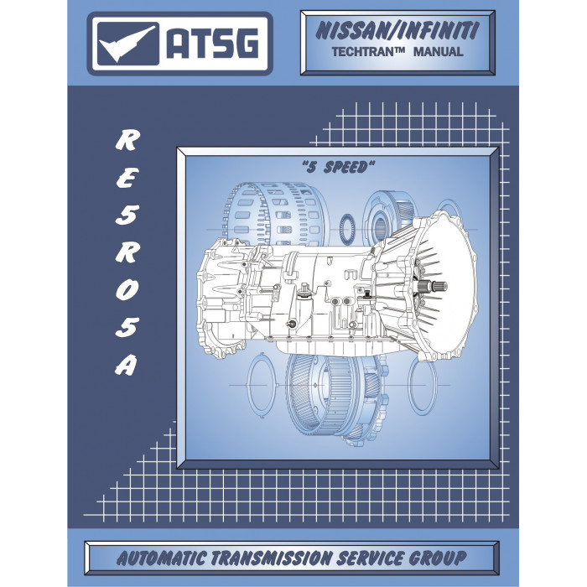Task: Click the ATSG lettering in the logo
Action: pyautogui.click(x=212, y=44)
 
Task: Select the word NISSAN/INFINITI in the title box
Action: pyautogui.click(x=397, y=31)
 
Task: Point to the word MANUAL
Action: pyautogui.click(x=438, y=52)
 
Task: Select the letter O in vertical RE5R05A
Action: pyautogui.click(x=127, y=290)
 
